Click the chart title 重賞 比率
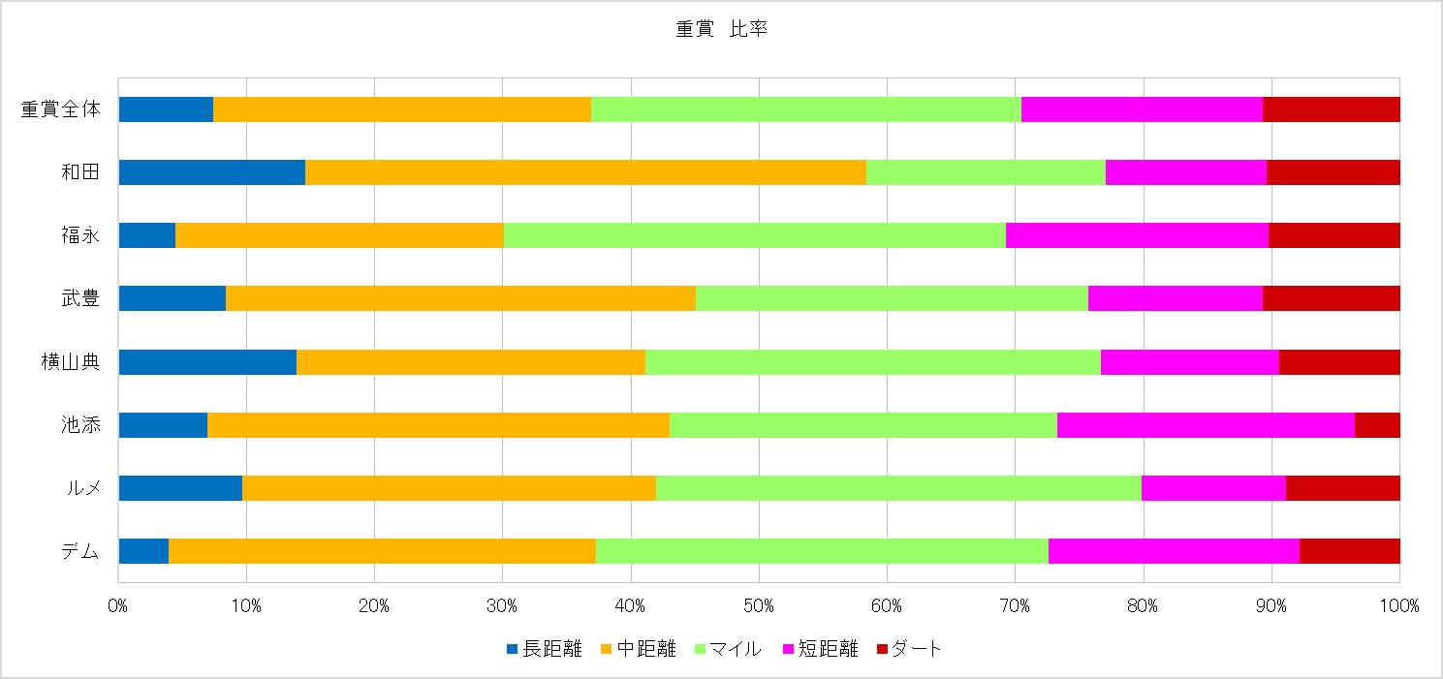[721, 30]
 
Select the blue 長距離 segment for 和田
[211, 172]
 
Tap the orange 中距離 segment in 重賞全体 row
[401, 109]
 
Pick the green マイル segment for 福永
[754, 235]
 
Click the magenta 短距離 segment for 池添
[1206, 424]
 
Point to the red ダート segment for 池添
[1377, 424]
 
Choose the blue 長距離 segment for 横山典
[207, 361]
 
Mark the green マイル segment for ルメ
[898, 487]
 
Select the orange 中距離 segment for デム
[382, 550]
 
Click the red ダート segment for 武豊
[1332, 298]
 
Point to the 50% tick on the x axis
[759, 606]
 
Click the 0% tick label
[118, 606]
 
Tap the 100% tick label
[1399, 606]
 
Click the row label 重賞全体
[60, 109]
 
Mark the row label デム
[78, 550]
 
